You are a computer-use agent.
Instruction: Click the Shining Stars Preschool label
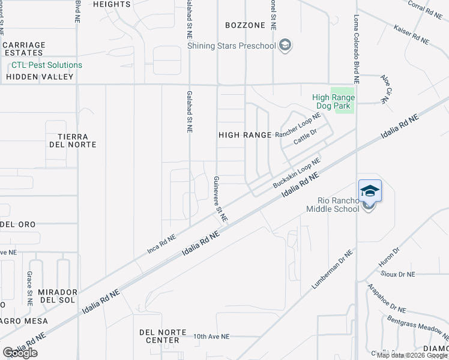[x=231, y=46]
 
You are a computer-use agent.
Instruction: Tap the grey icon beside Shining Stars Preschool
[x=285, y=45]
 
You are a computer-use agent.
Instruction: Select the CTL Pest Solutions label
[x=46, y=65]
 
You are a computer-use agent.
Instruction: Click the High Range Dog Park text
[x=333, y=102]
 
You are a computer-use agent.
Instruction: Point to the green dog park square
[x=343, y=99]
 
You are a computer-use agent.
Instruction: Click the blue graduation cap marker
[x=370, y=191]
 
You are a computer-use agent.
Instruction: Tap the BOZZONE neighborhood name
[x=245, y=25]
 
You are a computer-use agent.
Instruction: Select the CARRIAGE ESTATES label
[x=24, y=49]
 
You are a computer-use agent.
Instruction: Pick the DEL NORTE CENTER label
[x=159, y=336]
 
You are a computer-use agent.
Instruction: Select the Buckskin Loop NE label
[x=297, y=171]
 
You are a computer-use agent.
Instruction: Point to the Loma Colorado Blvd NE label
[x=356, y=49]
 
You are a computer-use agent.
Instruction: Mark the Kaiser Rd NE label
[x=411, y=34]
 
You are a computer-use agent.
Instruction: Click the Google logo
[x=20, y=353]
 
